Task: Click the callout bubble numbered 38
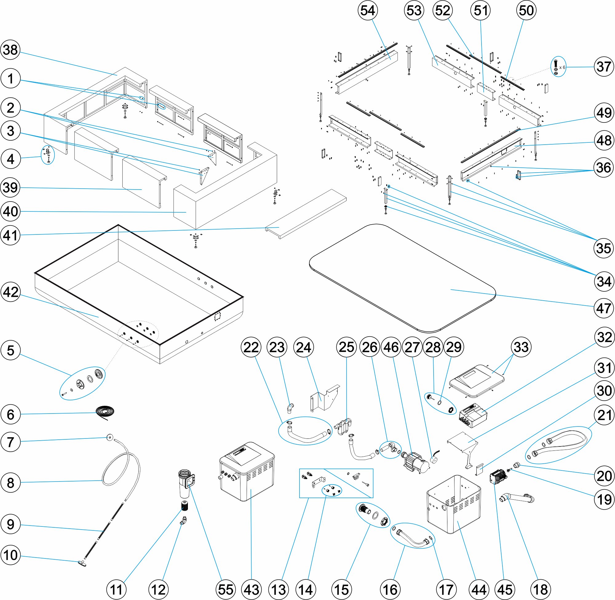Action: pos(11,50)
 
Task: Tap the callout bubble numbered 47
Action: pos(604,308)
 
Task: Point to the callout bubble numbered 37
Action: pos(604,67)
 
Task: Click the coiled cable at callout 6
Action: pos(105,412)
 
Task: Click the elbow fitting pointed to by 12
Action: pos(183,520)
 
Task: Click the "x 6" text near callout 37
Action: pos(562,67)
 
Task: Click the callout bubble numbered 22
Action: pos(251,348)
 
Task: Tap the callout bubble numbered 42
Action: pos(11,292)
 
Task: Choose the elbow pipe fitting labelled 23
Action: pos(290,408)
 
